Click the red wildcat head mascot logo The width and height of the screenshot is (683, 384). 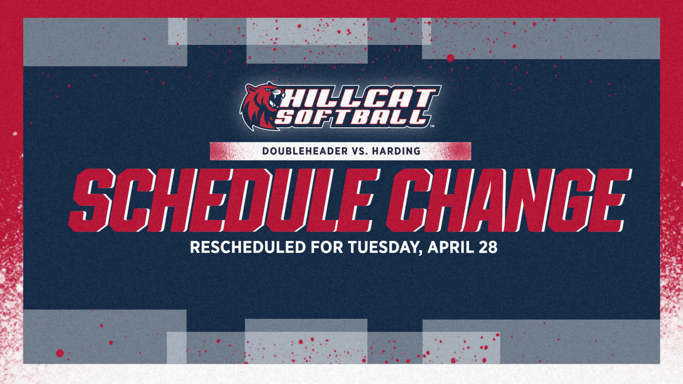(x=261, y=106)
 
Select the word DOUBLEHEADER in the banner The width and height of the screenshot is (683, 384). (x=305, y=151)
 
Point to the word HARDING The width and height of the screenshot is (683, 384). (x=396, y=151)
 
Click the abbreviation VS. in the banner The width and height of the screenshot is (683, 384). (x=360, y=151)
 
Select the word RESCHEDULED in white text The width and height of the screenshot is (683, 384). (x=248, y=247)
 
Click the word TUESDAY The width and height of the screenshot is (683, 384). (x=384, y=247)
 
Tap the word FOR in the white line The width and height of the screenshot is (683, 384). (x=327, y=247)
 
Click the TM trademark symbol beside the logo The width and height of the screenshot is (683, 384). (x=432, y=126)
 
